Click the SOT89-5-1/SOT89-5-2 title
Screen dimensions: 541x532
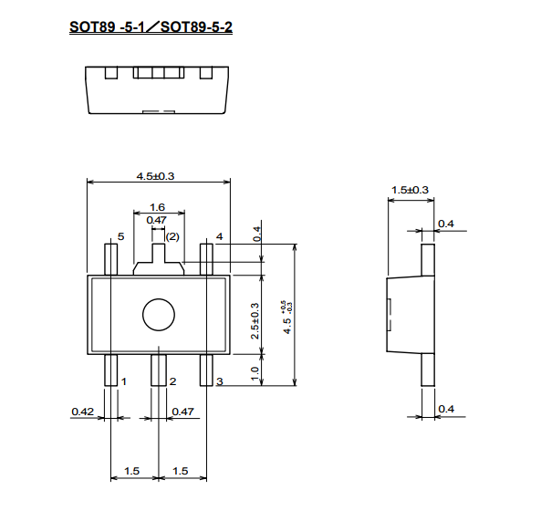pos(151,26)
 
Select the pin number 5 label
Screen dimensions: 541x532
pos(120,236)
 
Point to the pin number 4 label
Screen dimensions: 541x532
pos(220,236)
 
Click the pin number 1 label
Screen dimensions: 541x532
pos(124,381)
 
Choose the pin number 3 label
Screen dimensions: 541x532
pos(220,381)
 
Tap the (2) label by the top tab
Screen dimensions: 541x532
pos(172,236)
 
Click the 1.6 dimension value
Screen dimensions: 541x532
pos(157,207)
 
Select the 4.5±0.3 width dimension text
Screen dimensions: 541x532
pos(156,176)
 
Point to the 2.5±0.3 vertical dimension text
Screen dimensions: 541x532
pos(255,321)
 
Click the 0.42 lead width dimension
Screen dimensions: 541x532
pos(82,412)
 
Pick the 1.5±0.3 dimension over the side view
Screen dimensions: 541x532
pos(410,190)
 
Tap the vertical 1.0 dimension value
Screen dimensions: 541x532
pos(255,373)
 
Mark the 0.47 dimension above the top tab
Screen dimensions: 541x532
pos(156,220)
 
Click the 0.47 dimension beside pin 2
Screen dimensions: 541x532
pos(182,412)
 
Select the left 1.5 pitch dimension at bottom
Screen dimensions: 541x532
pos(131,471)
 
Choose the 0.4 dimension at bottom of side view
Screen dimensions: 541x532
pos(446,409)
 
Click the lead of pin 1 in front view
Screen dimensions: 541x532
pos(110,370)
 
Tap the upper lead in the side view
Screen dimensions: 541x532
pos(428,260)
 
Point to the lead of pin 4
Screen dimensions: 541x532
pos(206,259)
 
